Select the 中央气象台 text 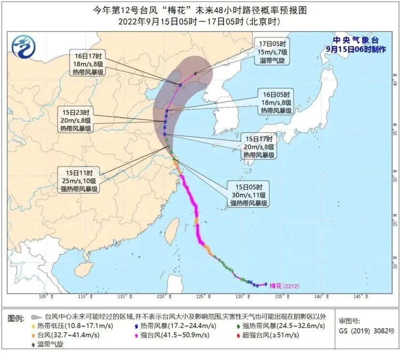coord(351,40)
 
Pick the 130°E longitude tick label coord(240,296)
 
